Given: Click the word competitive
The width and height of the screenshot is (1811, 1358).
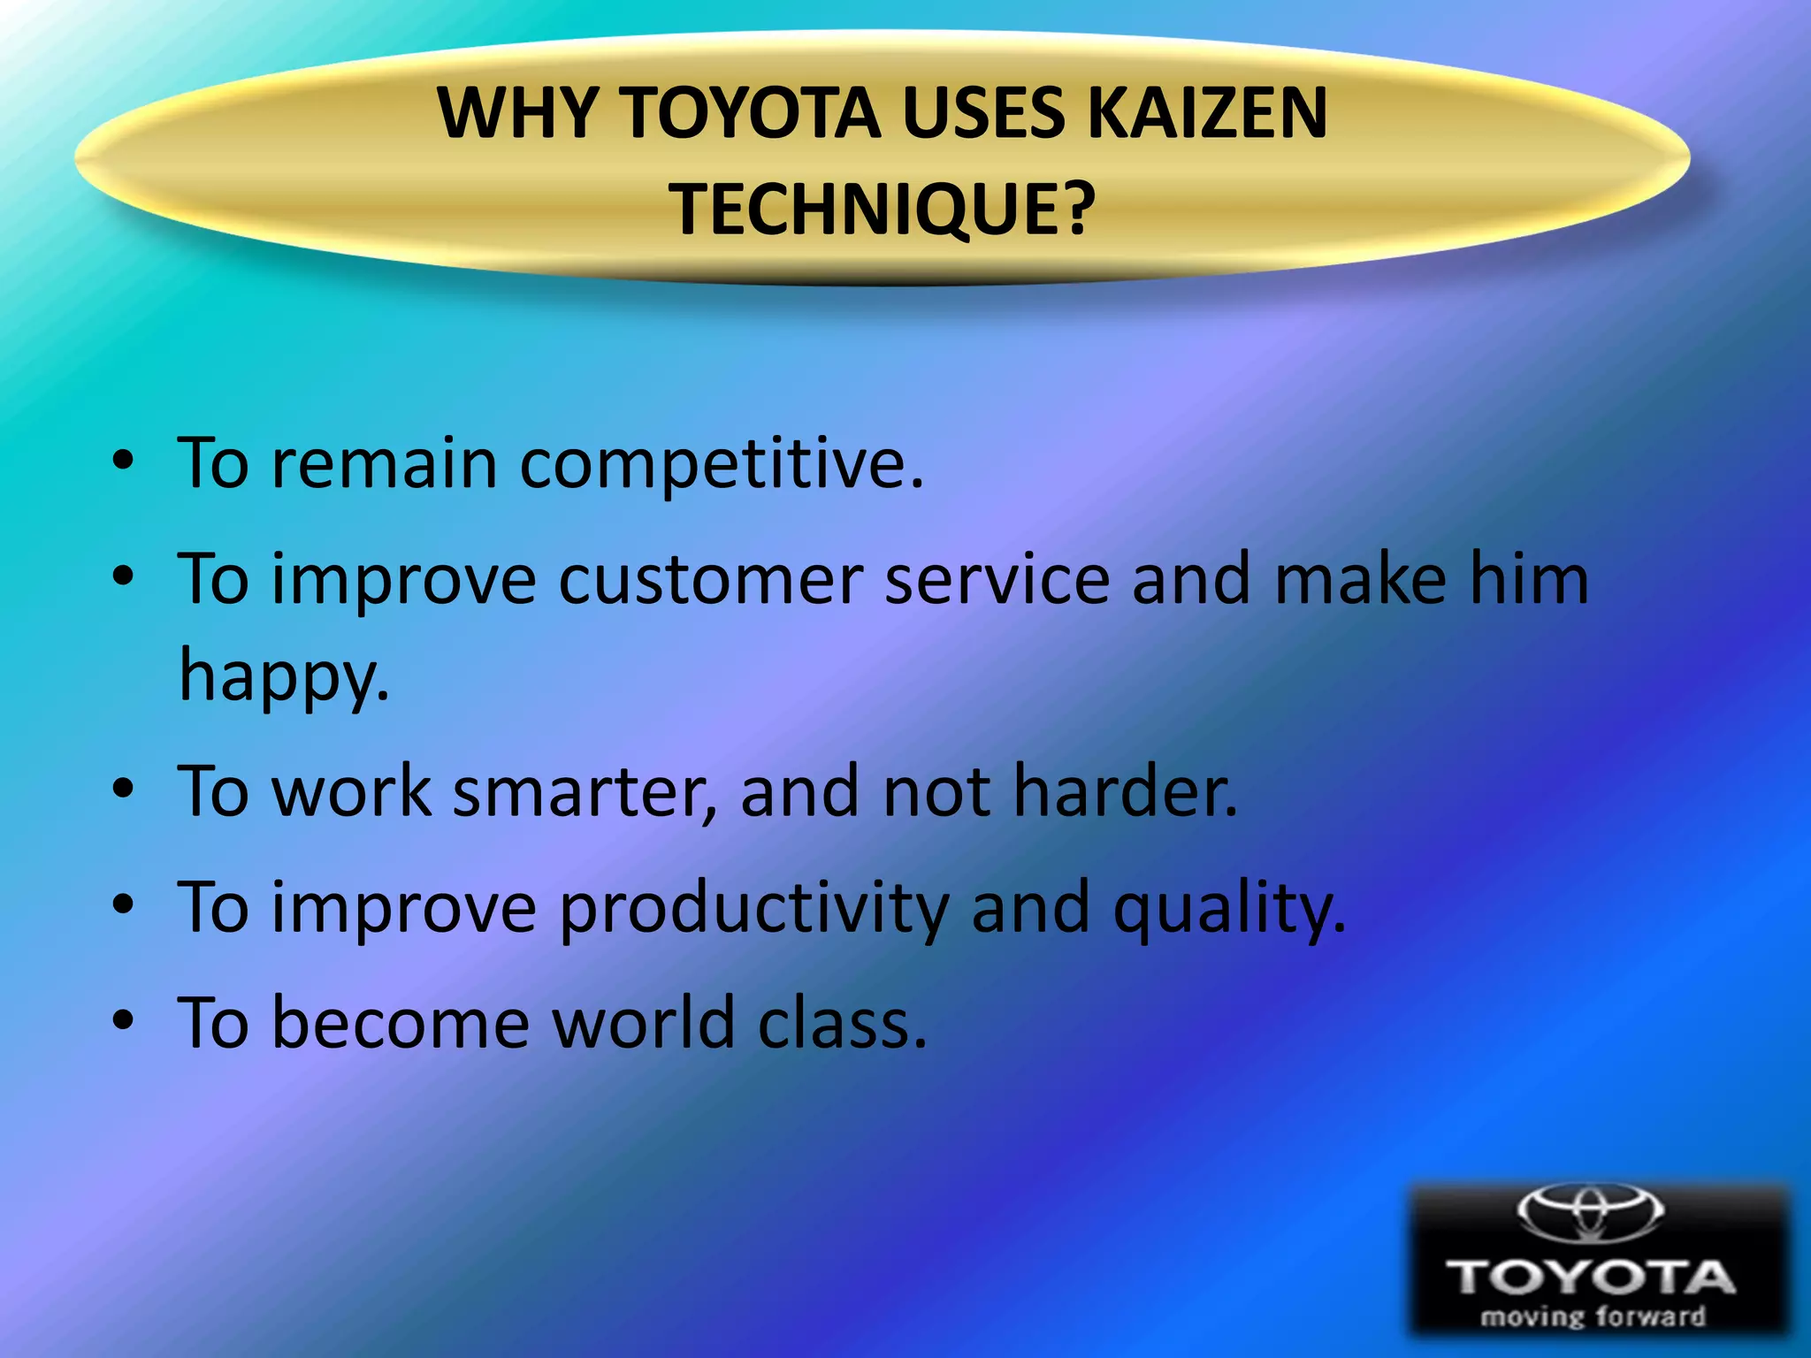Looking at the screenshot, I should pos(721,464).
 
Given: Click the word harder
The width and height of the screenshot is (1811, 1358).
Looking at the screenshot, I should pos(1125,791).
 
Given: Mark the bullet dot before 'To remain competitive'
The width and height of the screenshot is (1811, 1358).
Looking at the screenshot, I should pos(123,461).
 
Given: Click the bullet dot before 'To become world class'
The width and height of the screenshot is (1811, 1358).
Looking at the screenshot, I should pos(123,1020).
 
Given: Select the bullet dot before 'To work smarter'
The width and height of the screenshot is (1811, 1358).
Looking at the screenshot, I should pos(123,787).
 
